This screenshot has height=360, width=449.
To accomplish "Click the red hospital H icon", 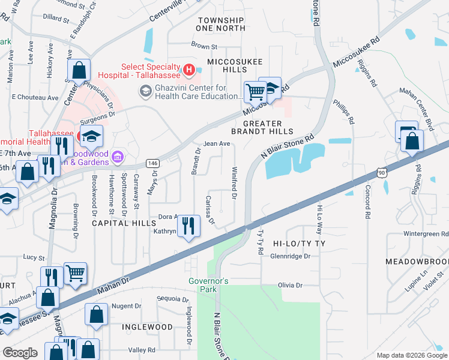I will (x=189, y=70).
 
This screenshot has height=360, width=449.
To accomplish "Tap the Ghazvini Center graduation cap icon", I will (x=145, y=91).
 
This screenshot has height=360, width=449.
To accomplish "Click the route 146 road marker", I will (x=153, y=163).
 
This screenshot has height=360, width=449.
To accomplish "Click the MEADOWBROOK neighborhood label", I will (x=417, y=262).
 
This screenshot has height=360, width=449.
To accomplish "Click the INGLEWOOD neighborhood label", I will (x=147, y=327).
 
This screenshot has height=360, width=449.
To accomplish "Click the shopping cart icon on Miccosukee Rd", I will (x=255, y=92).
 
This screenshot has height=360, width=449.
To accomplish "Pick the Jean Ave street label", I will (x=217, y=144).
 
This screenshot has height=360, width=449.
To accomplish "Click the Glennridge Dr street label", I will (x=290, y=256).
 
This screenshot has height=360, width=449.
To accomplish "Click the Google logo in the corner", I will (x=20, y=353).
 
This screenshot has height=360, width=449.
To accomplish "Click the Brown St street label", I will (x=204, y=46).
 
